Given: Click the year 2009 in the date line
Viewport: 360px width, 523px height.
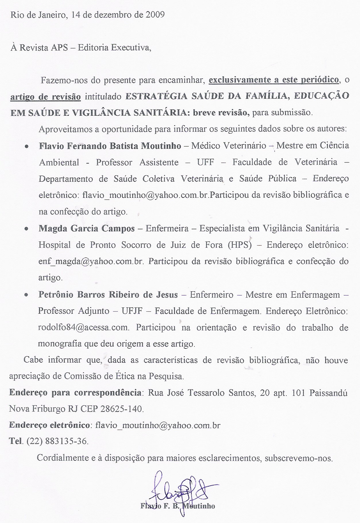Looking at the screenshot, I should pyautogui.click(x=155, y=15).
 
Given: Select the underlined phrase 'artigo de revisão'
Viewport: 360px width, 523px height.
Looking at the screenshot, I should pyautogui.click(x=45, y=97).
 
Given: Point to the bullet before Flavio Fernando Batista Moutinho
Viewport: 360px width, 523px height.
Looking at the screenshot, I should pyautogui.click(x=26, y=146).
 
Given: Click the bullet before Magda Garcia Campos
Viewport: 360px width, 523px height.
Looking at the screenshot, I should pyautogui.click(x=26, y=229).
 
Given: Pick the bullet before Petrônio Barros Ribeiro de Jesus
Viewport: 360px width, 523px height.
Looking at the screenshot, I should pyautogui.click(x=26, y=295).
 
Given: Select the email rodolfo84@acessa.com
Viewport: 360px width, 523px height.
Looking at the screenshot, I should pyautogui.click(x=83, y=328).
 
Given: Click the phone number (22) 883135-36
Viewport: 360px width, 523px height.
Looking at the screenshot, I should pyautogui.click(x=57, y=441).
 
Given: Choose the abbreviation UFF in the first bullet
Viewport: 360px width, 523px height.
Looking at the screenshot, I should pyautogui.click(x=205, y=162).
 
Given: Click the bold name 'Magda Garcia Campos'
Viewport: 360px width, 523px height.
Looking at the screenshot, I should pyautogui.click(x=87, y=229).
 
